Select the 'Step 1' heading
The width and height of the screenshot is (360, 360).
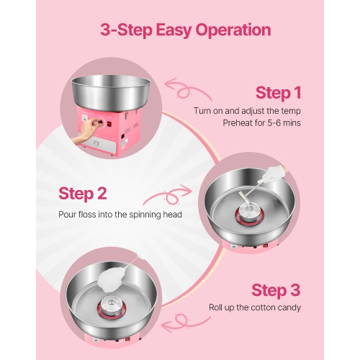point(278,93)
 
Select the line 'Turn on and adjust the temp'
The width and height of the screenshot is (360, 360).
point(247,110)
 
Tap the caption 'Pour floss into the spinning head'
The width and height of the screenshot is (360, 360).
point(120,214)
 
